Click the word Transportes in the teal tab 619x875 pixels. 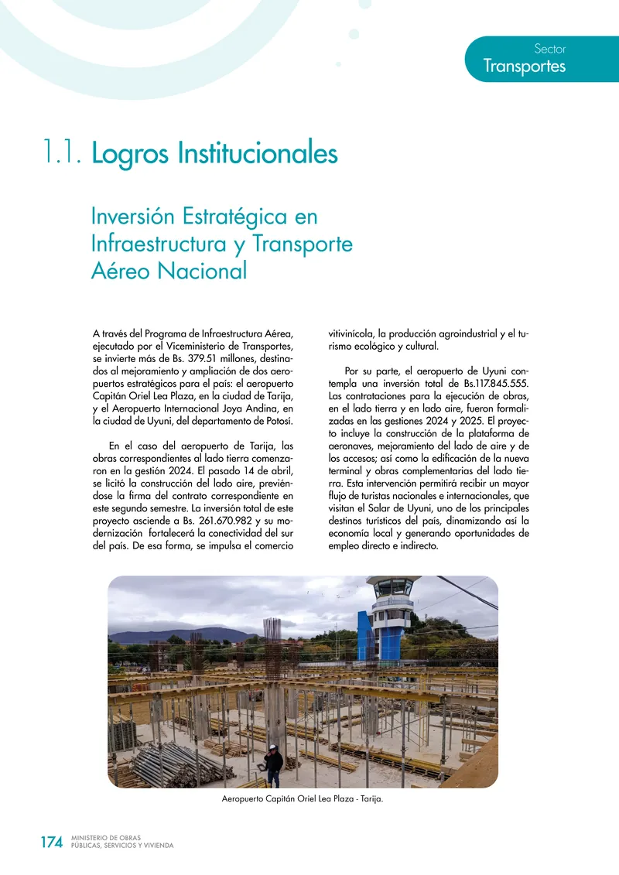click(524, 67)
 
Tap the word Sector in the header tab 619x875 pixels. click(550, 49)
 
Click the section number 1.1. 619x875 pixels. click(63, 153)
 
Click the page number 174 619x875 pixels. click(51, 843)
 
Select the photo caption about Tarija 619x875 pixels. click(303, 800)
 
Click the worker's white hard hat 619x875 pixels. click(272, 748)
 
